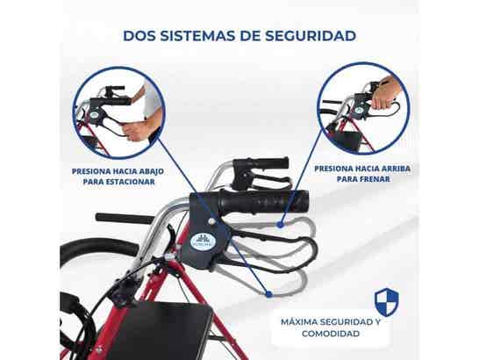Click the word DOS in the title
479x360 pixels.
[x=139, y=37]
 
